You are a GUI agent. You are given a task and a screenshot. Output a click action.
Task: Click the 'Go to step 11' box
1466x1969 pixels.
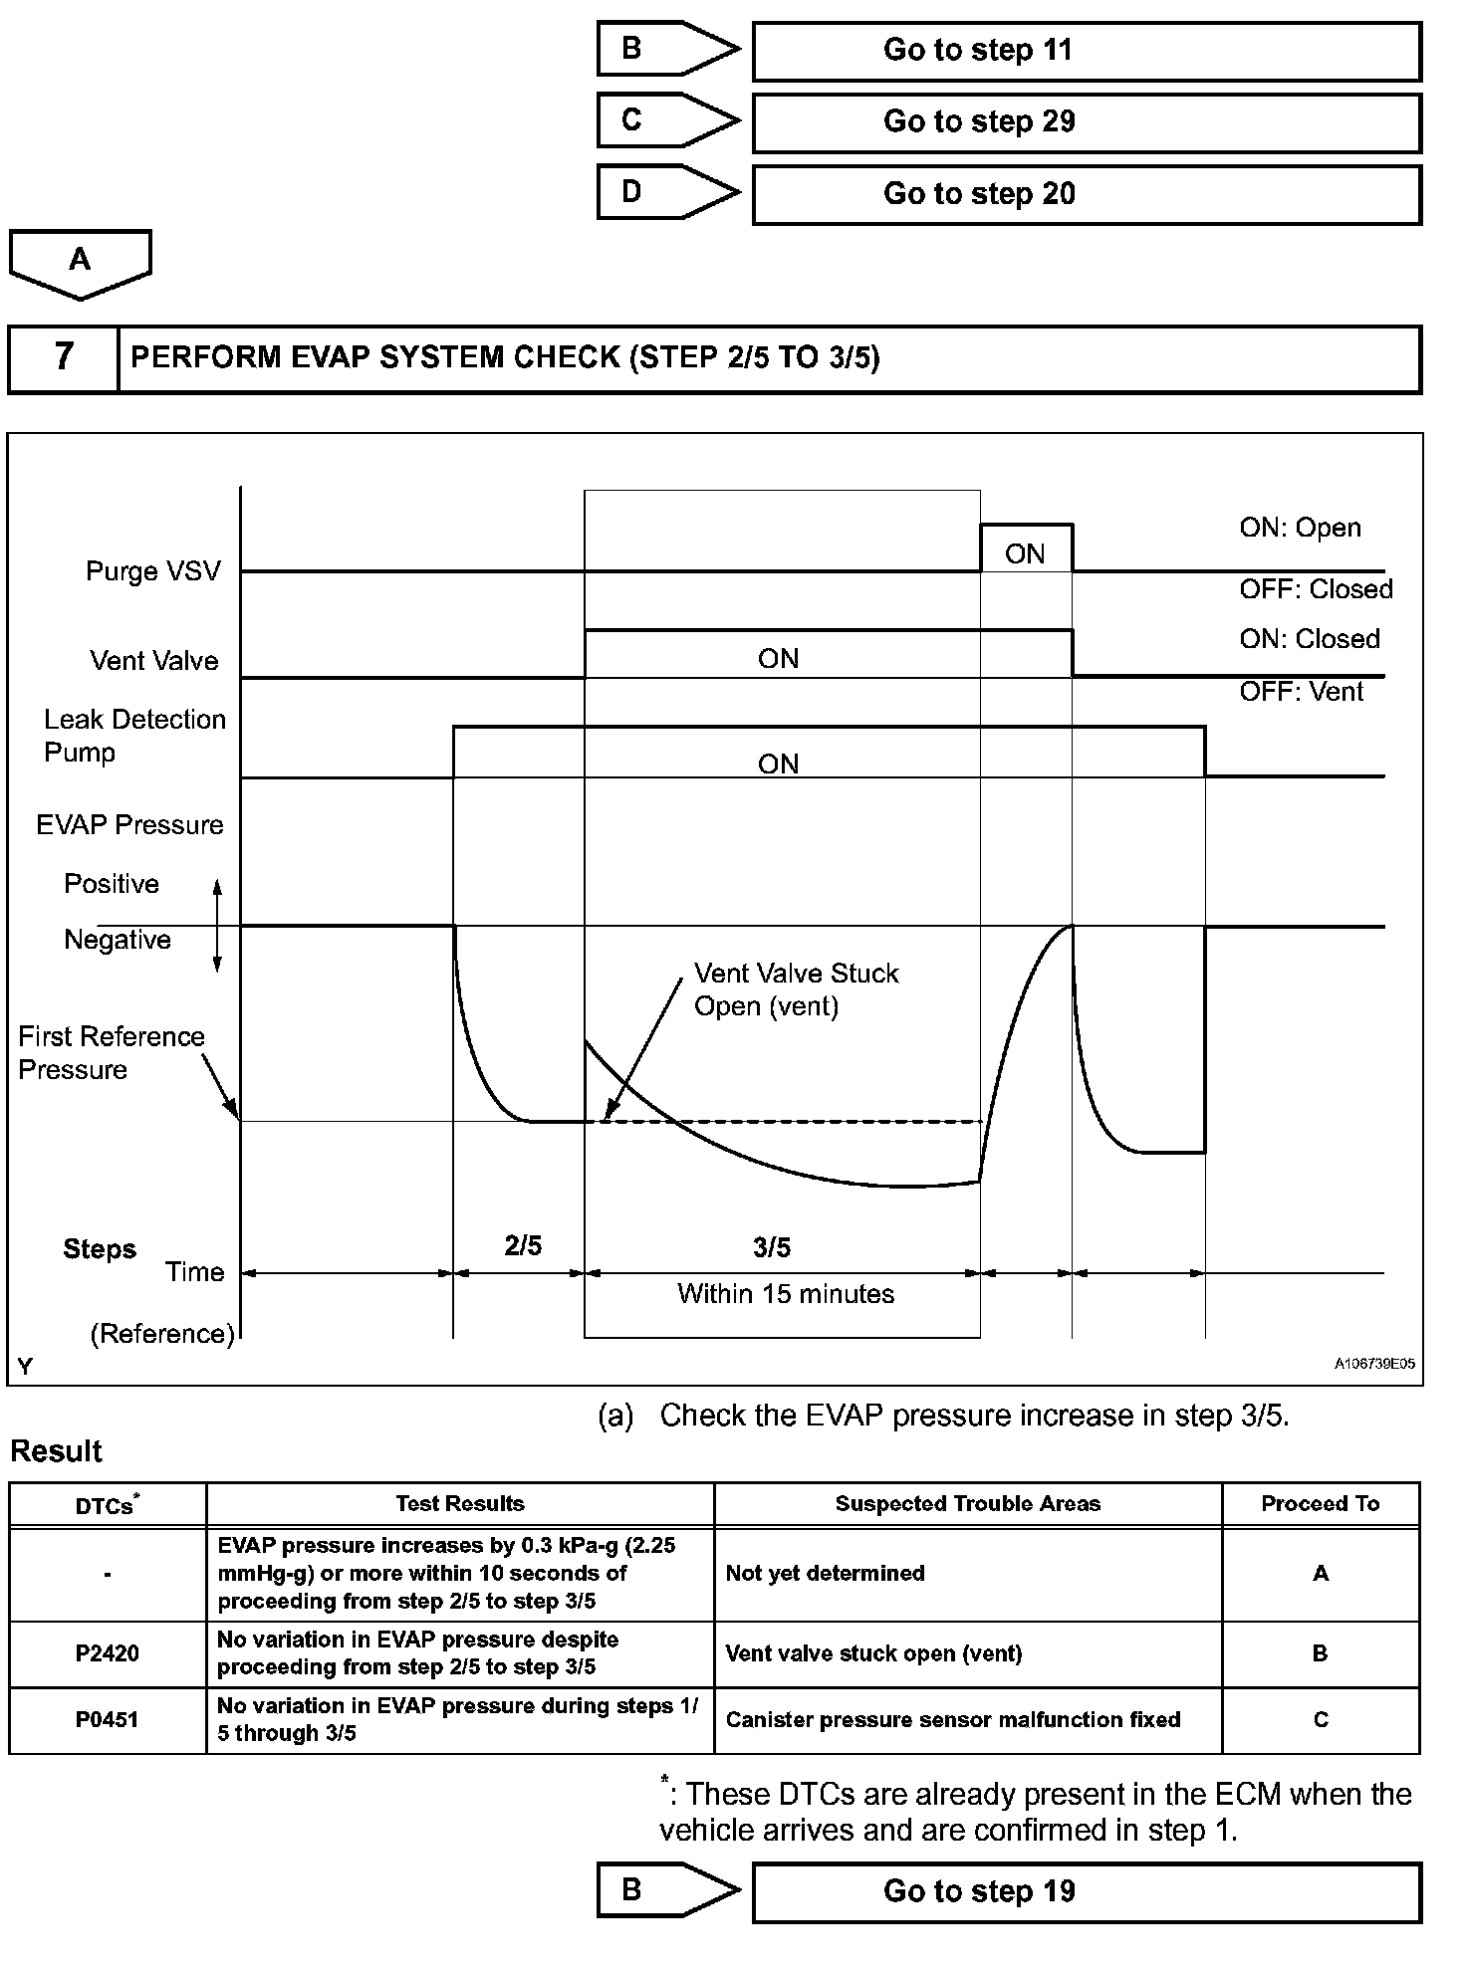pyautogui.click(x=1086, y=51)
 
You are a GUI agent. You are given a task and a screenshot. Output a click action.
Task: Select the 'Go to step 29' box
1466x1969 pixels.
pyautogui.click(x=1086, y=122)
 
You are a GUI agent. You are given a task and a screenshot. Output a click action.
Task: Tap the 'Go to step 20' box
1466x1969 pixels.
pyautogui.click(x=1086, y=194)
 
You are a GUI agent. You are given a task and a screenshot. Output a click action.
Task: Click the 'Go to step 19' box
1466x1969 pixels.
pyautogui.click(x=1086, y=1891)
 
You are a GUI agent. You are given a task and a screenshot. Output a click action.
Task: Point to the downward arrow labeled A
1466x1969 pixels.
pyautogui.click(x=80, y=263)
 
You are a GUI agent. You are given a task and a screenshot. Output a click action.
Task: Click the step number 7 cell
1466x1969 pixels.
pyautogui.click(x=64, y=357)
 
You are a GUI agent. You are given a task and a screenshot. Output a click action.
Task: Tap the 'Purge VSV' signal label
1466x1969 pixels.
pyautogui.click(x=152, y=571)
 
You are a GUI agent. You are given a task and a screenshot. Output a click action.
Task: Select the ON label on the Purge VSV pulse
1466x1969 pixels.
pyautogui.click(x=1025, y=553)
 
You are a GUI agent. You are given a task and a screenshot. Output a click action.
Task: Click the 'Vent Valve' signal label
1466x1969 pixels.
pyautogui.click(x=153, y=661)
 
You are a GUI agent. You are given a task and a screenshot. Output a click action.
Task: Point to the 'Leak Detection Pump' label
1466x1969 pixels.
pyautogui.click(x=134, y=736)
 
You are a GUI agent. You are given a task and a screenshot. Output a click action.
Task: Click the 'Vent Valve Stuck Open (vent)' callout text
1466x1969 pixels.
pyautogui.click(x=796, y=989)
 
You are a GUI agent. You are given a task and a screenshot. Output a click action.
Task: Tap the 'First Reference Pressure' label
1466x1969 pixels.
pyautogui.click(x=111, y=1052)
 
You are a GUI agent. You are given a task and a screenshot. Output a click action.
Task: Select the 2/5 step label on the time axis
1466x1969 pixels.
pyautogui.click(x=523, y=1245)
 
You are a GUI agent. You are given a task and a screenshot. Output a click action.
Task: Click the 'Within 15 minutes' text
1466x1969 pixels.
pyautogui.click(x=786, y=1294)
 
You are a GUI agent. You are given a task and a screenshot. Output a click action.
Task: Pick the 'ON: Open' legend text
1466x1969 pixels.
pyautogui.click(x=1300, y=528)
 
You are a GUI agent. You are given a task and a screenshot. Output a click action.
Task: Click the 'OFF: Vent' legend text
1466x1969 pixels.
pyautogui.click(x=1301, y=692)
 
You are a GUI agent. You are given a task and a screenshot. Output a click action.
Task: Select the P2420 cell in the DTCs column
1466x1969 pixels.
pyautogui.click(x=108, y=1653)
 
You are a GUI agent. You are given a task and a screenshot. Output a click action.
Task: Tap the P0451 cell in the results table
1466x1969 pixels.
pyautogui.click(x=108, y=1719)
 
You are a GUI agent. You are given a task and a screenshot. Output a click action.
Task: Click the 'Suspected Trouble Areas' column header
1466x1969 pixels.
pyautogui.click(x=967, y=1504)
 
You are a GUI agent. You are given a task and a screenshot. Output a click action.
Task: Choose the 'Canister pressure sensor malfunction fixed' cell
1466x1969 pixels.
pyautogui.click(x=953, y=1719)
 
